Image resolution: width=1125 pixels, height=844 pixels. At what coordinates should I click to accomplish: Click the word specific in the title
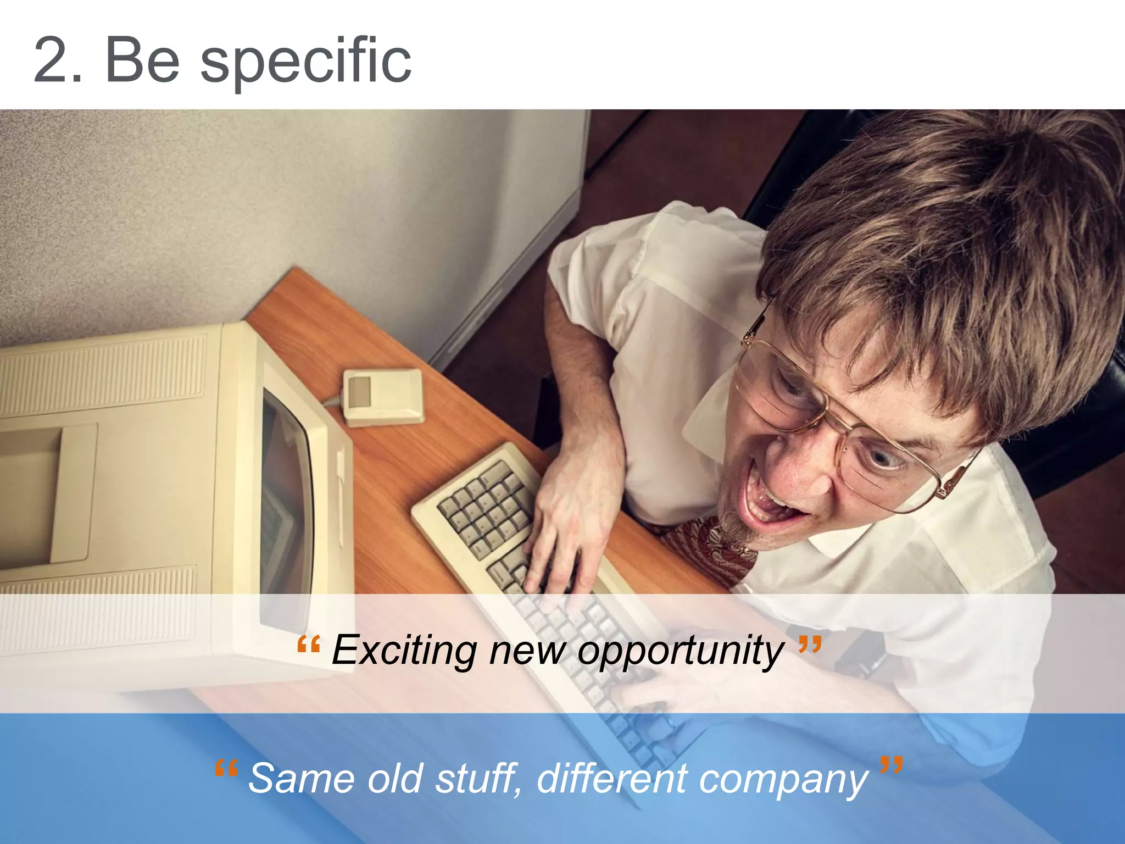tap(305, 62)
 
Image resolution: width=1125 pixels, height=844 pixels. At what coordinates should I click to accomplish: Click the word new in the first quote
tap(527, 652)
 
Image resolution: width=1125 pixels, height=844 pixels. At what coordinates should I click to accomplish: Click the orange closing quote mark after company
tap(891, 764)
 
